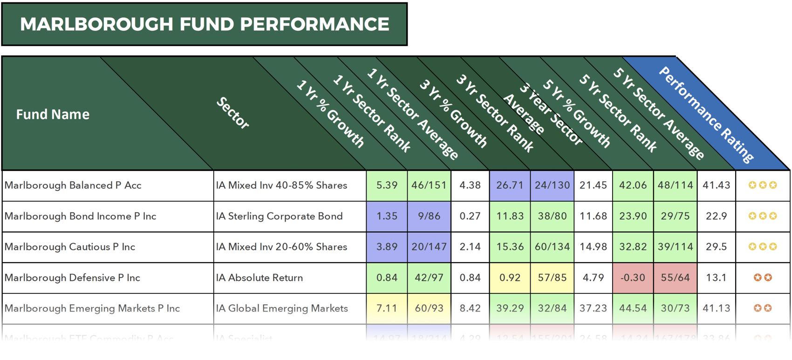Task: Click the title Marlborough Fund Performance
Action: point(204,24)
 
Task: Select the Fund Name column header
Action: point(53,115)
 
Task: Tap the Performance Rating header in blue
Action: point(706,114)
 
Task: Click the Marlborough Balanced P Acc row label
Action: point(73,185)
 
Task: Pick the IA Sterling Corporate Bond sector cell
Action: point(279,216)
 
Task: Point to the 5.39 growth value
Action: point(387,185)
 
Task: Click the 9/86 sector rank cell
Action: point(429,216)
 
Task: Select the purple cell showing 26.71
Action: point(510,185)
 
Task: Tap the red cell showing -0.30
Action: point(633,278)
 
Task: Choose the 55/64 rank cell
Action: point(675,278)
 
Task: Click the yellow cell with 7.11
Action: point(387,308)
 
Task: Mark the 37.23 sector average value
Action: point(593,308)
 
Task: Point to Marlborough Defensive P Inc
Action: point(72,278)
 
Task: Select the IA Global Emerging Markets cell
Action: point(282,308)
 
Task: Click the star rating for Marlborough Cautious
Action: point(762,247)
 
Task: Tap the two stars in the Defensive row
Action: point(763,278)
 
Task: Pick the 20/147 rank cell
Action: point(429,247)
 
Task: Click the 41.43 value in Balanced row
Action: point(716,185)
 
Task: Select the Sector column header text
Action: point(232,113)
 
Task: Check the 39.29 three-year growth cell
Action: point(510,308)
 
